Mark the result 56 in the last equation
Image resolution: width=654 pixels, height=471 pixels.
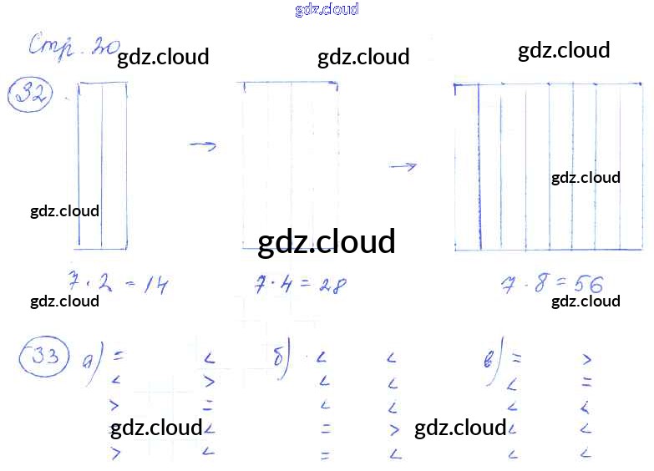[x=586, y=285]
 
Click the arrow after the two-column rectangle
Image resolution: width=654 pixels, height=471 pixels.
[x=203, y=146]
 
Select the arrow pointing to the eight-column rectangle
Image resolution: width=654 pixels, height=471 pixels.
[x=403, y=167]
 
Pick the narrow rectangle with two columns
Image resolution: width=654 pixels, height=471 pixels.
[x=102, y=165]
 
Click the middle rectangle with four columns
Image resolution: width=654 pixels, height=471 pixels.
[x=289, y=159]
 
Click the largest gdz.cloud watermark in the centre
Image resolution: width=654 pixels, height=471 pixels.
[x=326, y=242]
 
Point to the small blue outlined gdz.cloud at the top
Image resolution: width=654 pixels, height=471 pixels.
[x=327, y=10]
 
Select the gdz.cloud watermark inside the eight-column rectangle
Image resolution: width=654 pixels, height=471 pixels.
[x=586, y=177]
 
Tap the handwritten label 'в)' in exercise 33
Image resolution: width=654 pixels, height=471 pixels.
[x=494, y=361]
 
